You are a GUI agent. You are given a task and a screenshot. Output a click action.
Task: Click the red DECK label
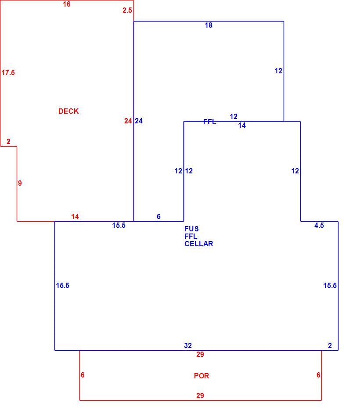68,111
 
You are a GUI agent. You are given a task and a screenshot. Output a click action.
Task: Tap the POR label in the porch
202,376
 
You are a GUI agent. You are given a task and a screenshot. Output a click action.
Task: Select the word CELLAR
199,244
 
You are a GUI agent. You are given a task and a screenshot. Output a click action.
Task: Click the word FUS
191,229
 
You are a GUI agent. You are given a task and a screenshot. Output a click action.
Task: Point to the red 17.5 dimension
8,72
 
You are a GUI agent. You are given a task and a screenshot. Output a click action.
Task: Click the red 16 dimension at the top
67,4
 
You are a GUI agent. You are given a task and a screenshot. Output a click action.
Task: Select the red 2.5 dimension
127,11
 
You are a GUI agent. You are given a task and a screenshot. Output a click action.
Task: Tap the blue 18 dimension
209,25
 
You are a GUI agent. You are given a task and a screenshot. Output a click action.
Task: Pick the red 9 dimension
20,183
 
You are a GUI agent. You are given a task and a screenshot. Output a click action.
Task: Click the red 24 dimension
128,121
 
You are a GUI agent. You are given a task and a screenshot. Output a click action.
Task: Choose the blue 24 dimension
139,121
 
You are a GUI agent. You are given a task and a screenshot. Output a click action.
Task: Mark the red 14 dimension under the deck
75,217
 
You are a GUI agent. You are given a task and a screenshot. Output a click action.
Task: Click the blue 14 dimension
242,125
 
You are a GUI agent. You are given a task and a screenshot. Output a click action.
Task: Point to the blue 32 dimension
188,345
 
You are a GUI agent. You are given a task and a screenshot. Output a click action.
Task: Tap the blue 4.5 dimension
319,226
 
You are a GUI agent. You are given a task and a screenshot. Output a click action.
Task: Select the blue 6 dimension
158,216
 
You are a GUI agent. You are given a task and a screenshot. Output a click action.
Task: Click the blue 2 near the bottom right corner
330,345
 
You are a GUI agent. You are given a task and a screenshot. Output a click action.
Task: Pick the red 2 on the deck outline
8,141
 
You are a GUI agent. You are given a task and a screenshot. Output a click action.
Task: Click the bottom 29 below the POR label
200,396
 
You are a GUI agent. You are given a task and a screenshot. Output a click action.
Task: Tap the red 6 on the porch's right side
318,375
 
